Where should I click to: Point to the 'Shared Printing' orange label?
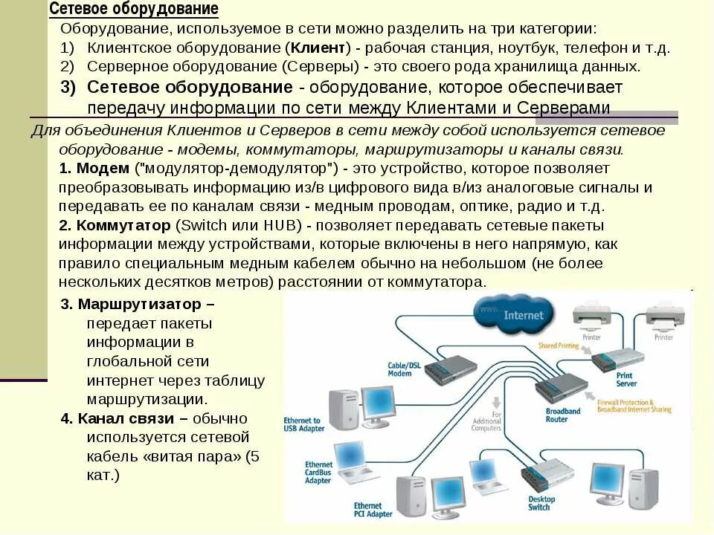click(559, 346)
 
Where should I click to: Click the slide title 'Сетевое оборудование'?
click(134, 9)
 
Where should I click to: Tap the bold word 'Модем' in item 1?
click(97, 168)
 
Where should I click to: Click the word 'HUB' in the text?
click(280, 226)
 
